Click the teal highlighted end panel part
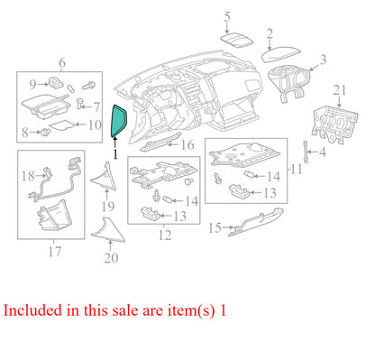119,121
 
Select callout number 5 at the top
227,17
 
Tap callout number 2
270,34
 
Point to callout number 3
323,60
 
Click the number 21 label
340,90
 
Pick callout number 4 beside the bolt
323,152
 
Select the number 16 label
187,145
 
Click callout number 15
215,228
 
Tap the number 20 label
111,258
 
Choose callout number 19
108,207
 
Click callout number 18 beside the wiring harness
28,176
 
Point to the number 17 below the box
55,252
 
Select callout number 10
95,125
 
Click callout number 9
32,85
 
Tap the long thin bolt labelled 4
306,152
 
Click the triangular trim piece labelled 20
107,230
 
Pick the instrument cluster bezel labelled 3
289,84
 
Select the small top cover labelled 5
237,40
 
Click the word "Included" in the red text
32,310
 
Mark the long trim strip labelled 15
256,222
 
